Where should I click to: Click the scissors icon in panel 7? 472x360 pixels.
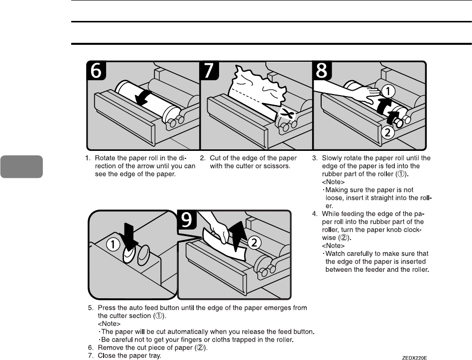tap(286, 115)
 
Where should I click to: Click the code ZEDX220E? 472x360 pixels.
tap(415, 357)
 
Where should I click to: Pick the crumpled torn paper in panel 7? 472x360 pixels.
tap(259, 90)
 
